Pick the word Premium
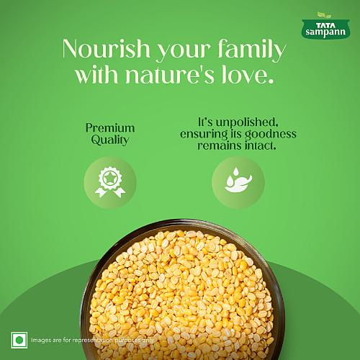[110, 127]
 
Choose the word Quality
[110, 140]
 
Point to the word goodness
[268, 134]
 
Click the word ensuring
[202, 134]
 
